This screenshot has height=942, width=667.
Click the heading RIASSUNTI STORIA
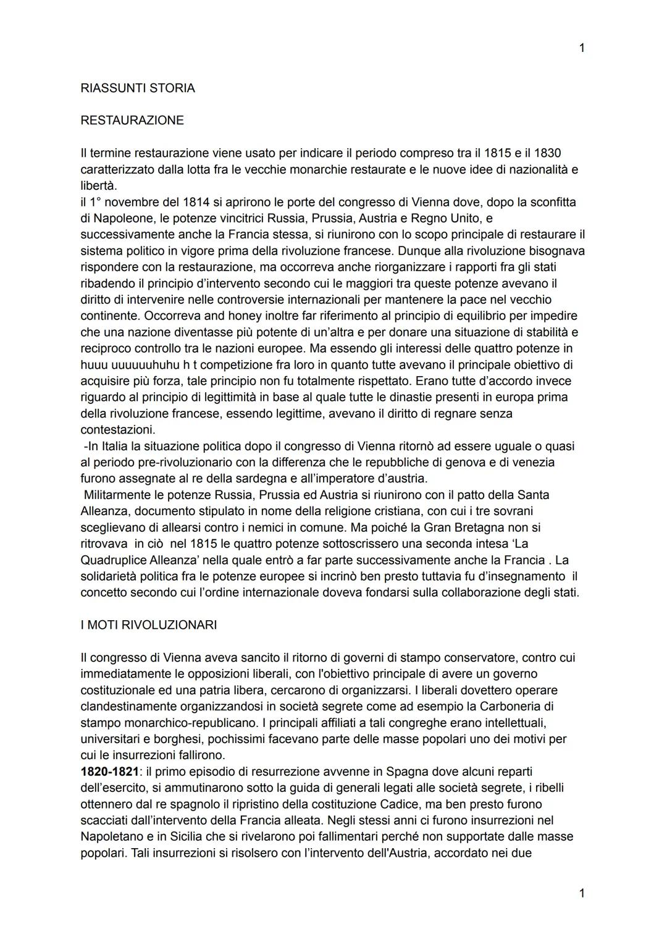click(137, 88)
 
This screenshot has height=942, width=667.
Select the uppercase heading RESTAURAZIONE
click(132, 120)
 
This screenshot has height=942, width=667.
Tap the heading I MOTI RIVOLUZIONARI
click(148, 625)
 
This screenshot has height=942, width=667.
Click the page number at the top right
click(581, 48)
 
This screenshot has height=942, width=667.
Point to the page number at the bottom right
click(581, 893)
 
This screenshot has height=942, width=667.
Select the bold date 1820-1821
click(109, 772)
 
